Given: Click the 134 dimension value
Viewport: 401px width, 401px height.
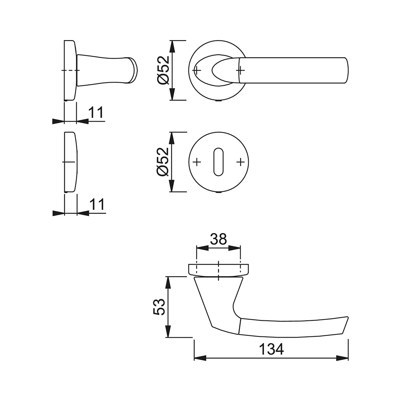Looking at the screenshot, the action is pyautogui.click(x=271, y=349).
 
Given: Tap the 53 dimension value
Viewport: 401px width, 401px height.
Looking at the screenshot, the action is pyautogui.click(x=159, y=307).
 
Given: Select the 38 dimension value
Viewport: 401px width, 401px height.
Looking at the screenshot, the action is pyautogui.click(x=219, y=239).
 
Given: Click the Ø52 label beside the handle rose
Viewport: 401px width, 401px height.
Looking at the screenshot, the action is pyautogui.click(x=163, y=70).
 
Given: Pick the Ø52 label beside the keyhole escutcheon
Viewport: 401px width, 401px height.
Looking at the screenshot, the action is pyautogui.click(x=163, y=162).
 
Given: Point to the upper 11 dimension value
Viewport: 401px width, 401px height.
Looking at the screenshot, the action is pyautogui.click(x=96, y=112).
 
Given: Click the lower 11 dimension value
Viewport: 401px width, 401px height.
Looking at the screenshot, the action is pyautogui.click(x=97, y=204).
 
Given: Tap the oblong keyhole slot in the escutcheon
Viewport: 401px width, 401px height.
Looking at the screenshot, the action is pyautogui.click(x=218, y=162).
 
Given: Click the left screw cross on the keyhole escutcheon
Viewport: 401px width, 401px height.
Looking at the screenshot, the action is pyautogui.click(x=196, y=162).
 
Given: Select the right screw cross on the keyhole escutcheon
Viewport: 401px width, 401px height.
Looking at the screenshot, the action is pyautogui.click(x=240, y=162).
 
